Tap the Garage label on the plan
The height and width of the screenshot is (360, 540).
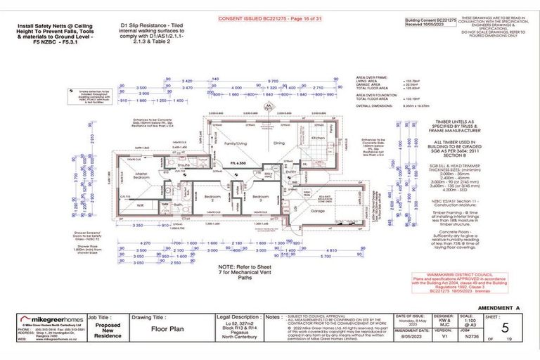pyautogui.click(x=319, y=210)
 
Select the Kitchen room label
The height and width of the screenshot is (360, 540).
pyautogui.click(x=318, y=139)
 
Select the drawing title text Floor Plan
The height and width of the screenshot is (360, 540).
pyautogui.click(x=162, y=328)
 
